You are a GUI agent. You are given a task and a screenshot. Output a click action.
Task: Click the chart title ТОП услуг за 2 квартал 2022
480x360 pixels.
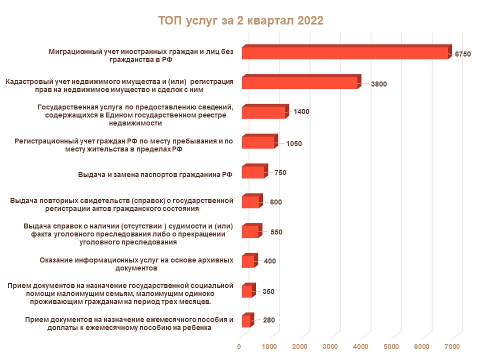pos(240,20)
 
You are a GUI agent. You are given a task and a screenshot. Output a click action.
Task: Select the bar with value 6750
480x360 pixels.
pos(345,53)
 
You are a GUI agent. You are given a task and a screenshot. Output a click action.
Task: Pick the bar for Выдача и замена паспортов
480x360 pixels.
pos(252,172)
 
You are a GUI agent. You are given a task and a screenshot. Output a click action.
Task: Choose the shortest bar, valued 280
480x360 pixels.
pos(245,321)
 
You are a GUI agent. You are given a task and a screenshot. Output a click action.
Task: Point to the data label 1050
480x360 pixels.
pos(294,143)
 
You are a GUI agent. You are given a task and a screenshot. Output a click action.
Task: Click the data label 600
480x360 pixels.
pos(276,202)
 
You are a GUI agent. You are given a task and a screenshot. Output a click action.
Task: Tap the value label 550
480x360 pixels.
pos(276,232)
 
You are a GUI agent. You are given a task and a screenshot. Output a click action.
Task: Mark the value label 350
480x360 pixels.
pos(268,291)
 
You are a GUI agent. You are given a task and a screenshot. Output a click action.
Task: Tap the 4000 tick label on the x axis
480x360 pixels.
pos(360,346)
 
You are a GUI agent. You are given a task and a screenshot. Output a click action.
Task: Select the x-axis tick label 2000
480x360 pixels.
pos(299,346)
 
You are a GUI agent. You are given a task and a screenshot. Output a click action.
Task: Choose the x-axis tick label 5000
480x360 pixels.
pos(391,346)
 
